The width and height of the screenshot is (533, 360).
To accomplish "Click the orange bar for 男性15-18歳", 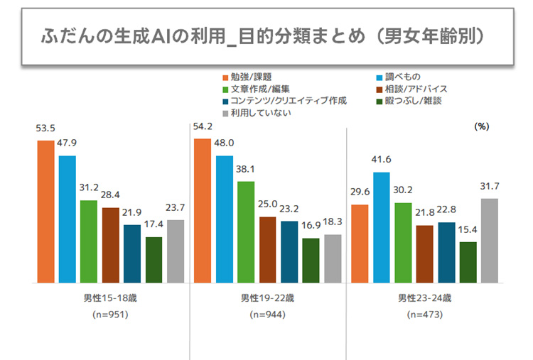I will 45,212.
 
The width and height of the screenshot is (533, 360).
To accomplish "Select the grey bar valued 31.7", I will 490,240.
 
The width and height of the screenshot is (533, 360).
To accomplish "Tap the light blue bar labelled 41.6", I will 381,227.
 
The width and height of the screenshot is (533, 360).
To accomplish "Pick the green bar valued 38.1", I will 246,232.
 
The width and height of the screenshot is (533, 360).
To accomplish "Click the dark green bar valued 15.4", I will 468,262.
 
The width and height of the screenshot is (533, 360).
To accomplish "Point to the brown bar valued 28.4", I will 110,245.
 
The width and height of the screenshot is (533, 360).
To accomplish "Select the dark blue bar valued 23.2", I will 289,252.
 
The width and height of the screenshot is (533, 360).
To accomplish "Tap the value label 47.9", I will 68,143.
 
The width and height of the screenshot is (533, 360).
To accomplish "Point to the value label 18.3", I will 333,222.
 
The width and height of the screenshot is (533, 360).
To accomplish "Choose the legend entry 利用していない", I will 254,112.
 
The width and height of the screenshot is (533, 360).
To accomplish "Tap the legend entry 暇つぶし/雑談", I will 410,100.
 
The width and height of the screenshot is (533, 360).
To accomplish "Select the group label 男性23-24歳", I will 425,297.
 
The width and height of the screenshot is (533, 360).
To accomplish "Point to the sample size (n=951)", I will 110,314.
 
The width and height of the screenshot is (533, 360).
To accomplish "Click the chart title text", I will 262,36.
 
